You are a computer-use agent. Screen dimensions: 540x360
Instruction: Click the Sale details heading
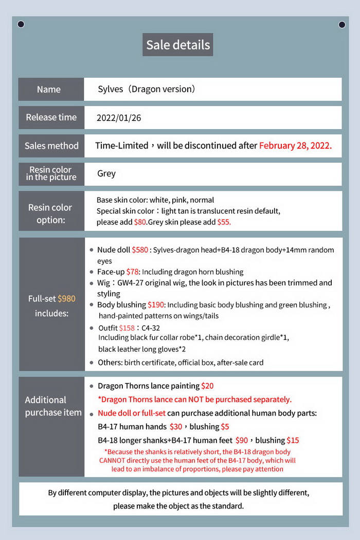click(178, 45)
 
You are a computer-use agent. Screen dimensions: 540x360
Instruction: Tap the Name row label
click(49, 89)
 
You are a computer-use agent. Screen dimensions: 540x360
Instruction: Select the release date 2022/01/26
click(119, 118)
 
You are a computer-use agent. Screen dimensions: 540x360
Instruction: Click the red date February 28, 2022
click(295, 146)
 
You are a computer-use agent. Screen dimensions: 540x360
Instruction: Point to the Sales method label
click(51, 146)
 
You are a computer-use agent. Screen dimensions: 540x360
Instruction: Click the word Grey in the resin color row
click(106, 174)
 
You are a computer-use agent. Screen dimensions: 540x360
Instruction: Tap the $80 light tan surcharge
click(140, 222)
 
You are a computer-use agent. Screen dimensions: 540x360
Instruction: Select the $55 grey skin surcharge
click(224, 222)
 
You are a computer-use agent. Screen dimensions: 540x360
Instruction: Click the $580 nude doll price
click(140, 250)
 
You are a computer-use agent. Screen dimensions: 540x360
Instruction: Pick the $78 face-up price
click(133, 272)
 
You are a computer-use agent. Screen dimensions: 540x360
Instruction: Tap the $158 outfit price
click(127, 328)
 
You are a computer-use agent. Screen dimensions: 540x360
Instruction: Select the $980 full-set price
click(67, 299)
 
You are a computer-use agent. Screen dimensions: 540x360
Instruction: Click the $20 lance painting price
click(208, 386)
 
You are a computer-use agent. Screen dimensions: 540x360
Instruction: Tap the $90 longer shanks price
click(242, 440)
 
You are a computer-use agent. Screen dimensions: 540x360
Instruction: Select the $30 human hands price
click(176, 426)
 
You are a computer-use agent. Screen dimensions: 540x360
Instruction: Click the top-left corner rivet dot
click(21, 24)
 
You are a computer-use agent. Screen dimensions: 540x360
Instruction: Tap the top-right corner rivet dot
click(342, 24)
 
